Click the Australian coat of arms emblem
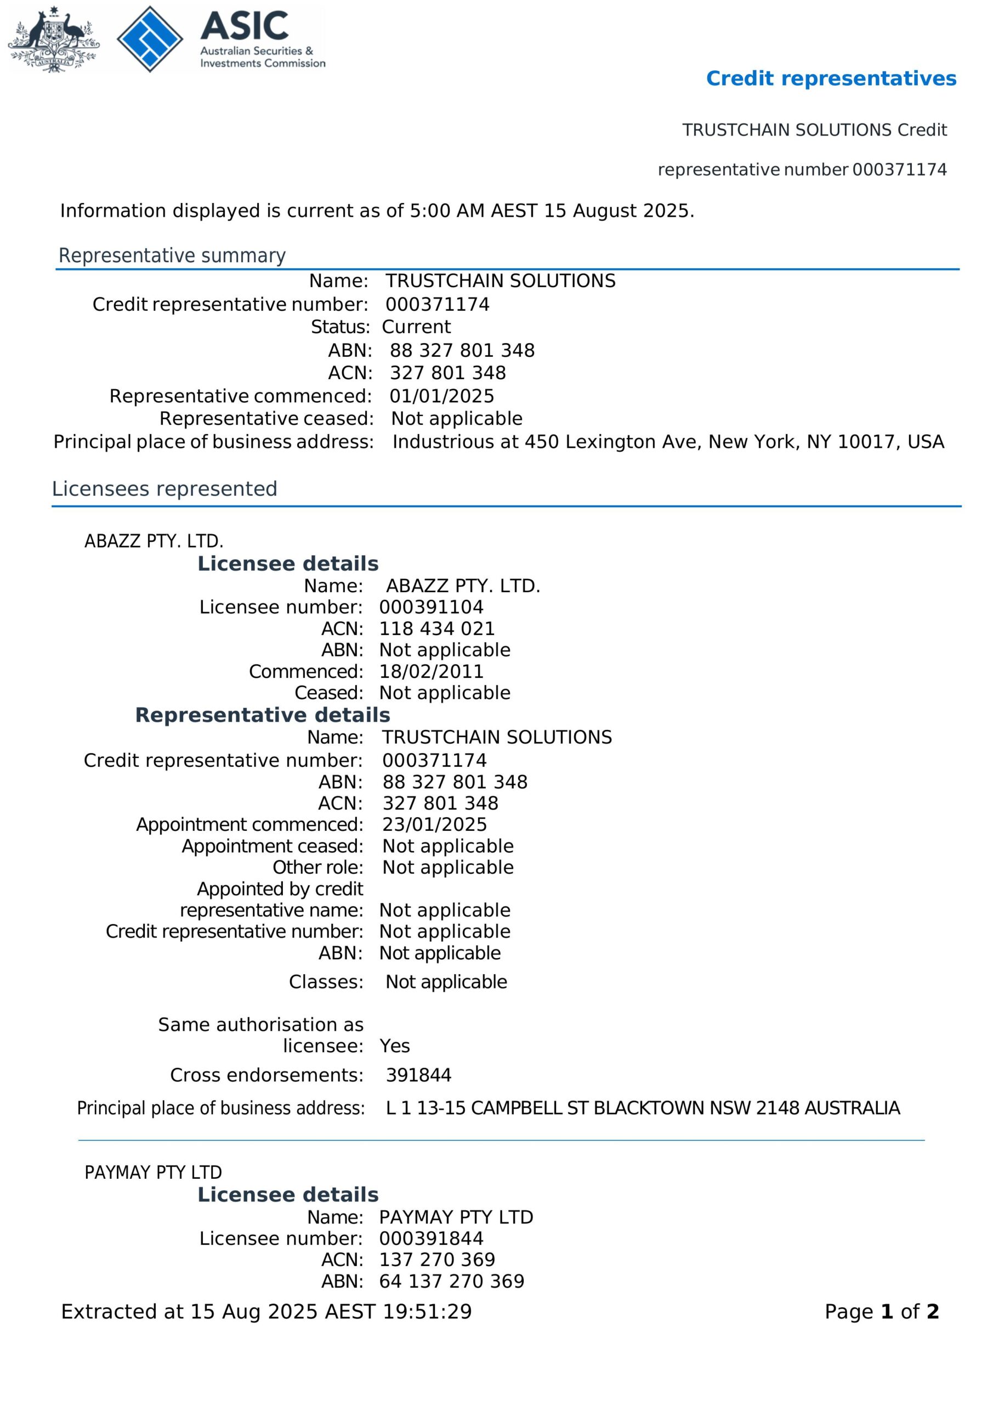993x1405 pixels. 53,39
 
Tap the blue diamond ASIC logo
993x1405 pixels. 150,39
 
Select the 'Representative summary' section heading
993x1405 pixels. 172,255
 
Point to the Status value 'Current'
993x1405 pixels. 416,327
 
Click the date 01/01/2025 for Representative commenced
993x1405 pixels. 441,396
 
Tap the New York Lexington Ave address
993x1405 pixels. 668,442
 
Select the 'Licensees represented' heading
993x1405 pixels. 164,489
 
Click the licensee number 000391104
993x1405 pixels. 431,607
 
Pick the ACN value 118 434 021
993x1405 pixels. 436,628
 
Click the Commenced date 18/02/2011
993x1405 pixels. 431,671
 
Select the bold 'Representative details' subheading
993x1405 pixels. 262,715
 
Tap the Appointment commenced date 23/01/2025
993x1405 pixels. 435,824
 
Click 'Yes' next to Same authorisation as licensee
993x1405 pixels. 394,1046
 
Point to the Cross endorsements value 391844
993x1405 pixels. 418,1075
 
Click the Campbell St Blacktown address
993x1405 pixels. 643,1108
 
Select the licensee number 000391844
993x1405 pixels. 431,1238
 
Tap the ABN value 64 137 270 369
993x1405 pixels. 451,1281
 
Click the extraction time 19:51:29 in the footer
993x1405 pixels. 427,1311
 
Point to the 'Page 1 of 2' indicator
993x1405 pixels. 881,1311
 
